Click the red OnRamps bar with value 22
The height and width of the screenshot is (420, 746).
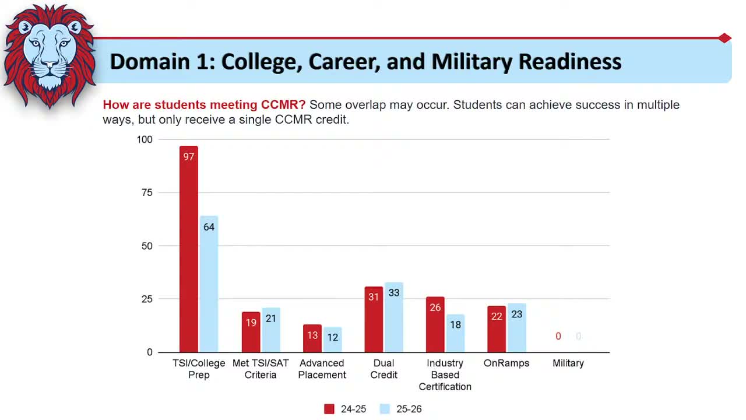click(x=497, y=329)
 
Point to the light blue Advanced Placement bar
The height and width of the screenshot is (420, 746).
click(x=332, y=339)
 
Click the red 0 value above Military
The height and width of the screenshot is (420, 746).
click(x=558, y=337)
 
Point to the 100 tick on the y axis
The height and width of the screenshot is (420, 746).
click(x=144, y=139)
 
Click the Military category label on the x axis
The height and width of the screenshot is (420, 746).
click(x=568, y=363)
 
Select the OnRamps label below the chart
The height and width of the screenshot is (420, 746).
click(x=506, y=363)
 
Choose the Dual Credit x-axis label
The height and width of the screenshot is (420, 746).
click(x=383, y=369)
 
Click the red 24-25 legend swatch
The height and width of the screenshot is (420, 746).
click(x=329, y=409)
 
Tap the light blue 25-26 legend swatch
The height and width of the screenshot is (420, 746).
click(x=385, y=409)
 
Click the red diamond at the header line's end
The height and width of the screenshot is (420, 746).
click(x=724, y=38)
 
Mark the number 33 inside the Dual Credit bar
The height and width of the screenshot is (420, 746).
click(x=394, y=293)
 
